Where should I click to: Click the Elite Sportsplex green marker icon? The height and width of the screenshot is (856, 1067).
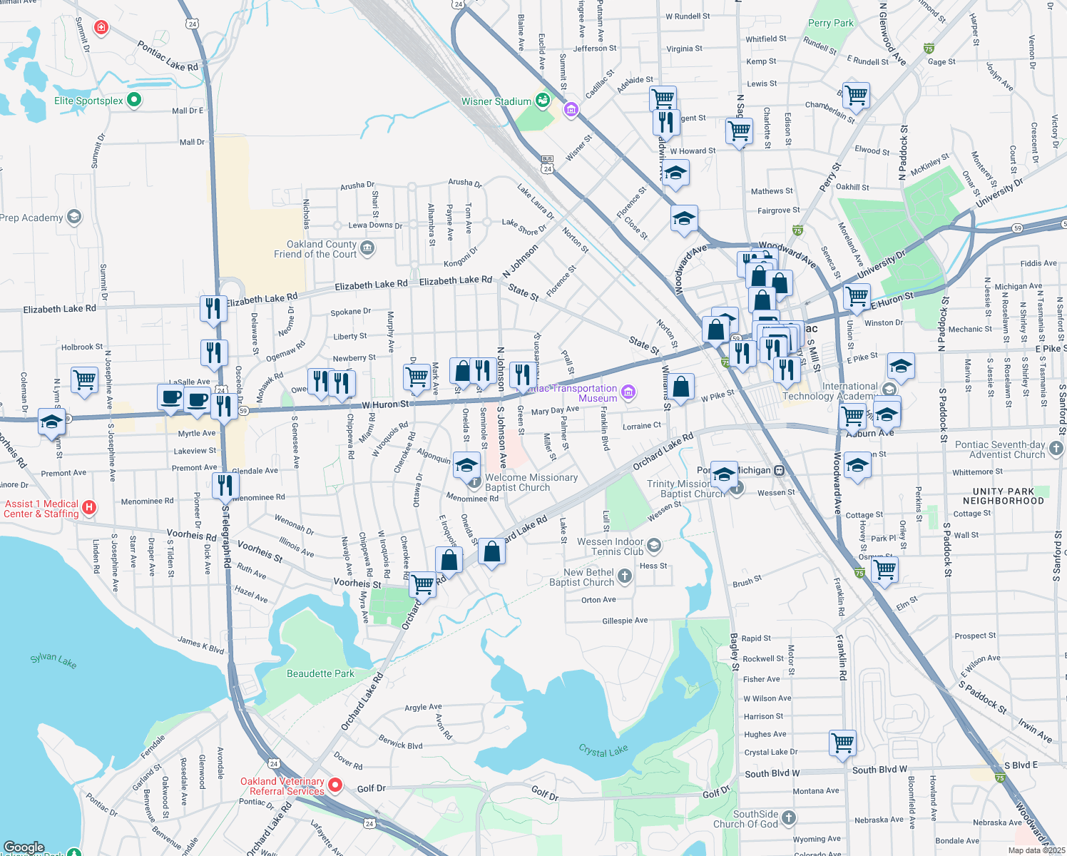tap(133, 100)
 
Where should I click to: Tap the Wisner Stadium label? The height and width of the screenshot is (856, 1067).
tap(496, 101)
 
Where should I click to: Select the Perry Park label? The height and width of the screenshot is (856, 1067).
tap(830, 23)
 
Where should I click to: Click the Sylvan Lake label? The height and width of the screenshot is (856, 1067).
tap(53, 661)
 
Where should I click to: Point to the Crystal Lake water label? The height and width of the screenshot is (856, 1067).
tap(603, 750)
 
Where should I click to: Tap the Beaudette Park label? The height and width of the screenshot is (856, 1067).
tap(320, 673)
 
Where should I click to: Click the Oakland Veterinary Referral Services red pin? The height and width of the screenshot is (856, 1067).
tap(335, 785)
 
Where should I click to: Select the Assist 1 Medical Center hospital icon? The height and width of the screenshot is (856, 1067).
tap(89, 507)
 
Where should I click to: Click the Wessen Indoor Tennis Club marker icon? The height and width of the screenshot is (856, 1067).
tap(654, 546)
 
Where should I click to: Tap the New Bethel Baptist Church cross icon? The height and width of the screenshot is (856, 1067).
tap(625, 576)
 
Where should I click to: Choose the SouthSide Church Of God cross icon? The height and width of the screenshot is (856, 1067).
tap(788, 818)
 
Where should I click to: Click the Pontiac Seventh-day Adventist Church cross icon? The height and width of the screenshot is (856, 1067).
tap(1056, 449)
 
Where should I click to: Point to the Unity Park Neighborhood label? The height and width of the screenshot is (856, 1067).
tap(1003, 496)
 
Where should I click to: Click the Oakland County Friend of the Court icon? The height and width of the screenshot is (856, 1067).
tap(367, 248)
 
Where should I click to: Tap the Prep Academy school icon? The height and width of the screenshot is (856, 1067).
tap(74, 217)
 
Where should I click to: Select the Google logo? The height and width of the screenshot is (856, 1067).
tap(24, 847)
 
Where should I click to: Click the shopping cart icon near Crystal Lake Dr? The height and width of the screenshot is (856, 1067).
tap(843, 742)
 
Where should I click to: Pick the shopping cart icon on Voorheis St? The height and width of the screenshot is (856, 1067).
tap(423, 584)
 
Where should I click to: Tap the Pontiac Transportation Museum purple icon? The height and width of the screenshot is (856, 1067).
tap(628, 392)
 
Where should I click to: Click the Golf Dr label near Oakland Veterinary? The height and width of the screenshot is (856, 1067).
tap(371, 788)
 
